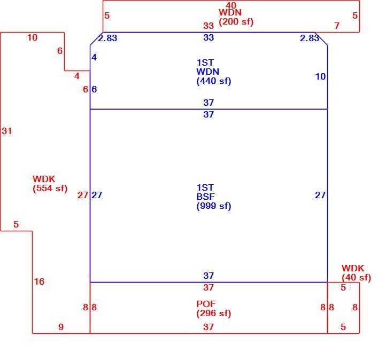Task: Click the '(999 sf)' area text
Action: (214, 206)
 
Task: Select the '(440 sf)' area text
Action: (214, 81)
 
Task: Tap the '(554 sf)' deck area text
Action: (50, 189)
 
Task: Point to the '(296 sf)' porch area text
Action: (214, 314)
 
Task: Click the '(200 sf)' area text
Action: (236, 22)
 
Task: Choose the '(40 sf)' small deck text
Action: (356, 278)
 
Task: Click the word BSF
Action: (205, 197)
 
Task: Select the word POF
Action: (206, 304)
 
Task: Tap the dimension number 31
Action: (6, 131)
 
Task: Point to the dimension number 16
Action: (40, 281)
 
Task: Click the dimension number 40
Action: (231, 5)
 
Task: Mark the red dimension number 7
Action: (337, 26)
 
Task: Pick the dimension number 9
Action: (61, 327)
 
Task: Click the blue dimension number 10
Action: (321, 76)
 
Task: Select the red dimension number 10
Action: (32, 37)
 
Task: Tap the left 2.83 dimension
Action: (107, 38)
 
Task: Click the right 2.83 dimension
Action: (310, 38)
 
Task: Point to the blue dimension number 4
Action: (94, 57)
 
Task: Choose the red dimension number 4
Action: (77, 76)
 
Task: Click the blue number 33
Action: (209, 37)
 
